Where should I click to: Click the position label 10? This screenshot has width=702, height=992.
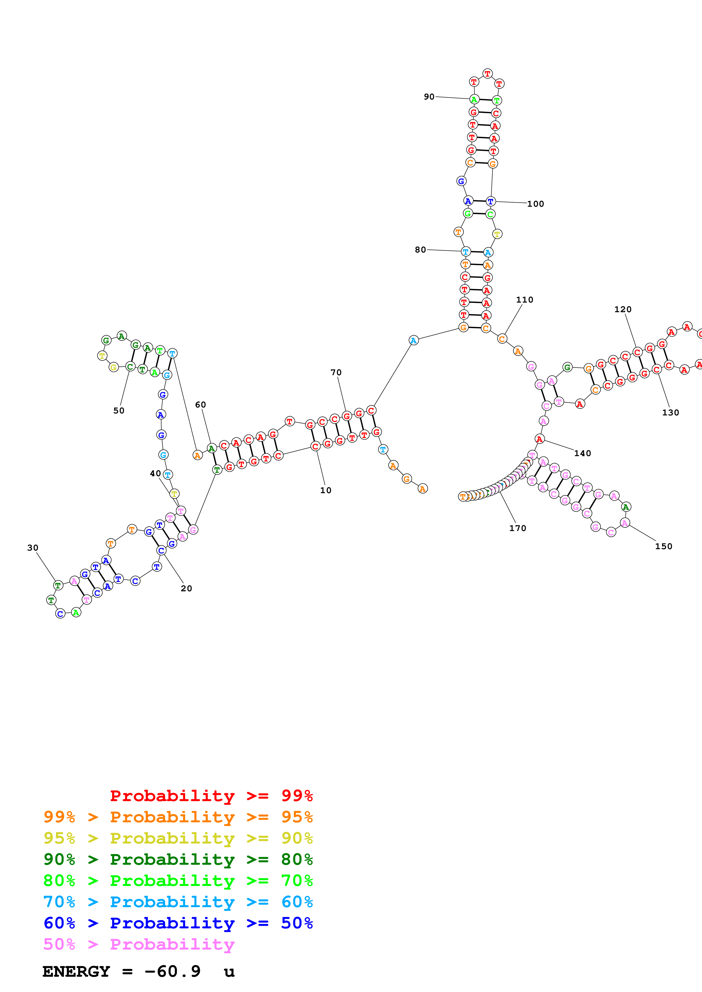[x=326, y=490]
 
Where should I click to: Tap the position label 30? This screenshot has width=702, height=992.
[x=33, y=548]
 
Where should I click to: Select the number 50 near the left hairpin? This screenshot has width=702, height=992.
[x=119, y=411]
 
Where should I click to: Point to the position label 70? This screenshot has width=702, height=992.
[x=336, y=372]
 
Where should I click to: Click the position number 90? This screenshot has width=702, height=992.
[x=429, y=97]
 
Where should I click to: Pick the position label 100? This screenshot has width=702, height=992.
[x=535, y=204]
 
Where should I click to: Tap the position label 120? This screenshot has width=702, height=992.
[x=623, y=309]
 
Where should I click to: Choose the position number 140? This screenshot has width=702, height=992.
[x=582, y=453]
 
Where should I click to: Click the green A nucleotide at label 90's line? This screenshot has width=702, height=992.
[x=474, y=100]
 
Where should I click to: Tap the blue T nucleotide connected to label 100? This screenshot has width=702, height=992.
[x=490, y=201]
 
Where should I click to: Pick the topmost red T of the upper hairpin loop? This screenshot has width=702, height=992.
[x=487, y=74]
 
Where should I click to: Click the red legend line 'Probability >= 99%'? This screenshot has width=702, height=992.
[x=211, y=795]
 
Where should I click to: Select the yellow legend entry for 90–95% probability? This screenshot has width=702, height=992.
[x=178, y=838]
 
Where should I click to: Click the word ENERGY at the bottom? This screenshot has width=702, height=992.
[x=76, y=971]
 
